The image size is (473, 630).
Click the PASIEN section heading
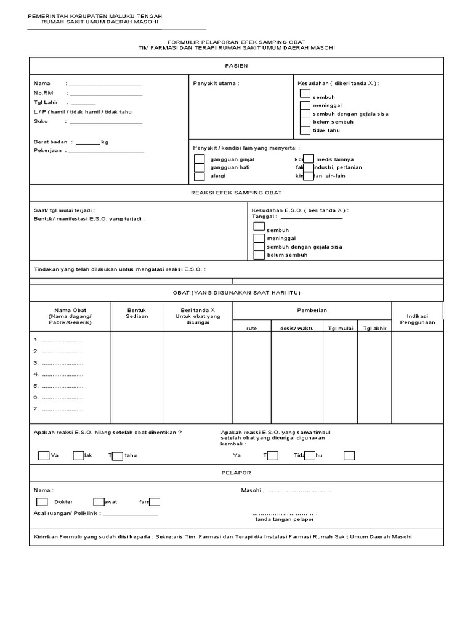[236, 65]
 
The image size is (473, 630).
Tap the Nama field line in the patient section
[106, 84]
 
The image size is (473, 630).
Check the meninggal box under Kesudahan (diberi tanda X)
[305, 105]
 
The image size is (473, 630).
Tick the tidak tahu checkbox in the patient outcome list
[305, 130]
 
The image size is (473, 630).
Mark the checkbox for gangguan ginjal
[199, 159]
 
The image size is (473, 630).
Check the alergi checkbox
[199, 176]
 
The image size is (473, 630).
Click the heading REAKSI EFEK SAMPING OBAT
[236, 193]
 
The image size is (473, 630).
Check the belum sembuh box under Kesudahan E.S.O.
[259, 255]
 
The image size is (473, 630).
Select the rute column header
[251, 328]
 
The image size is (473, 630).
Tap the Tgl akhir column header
[374, 328]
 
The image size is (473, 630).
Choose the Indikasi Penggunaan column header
[417, 319]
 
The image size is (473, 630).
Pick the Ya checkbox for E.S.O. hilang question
[43, 456]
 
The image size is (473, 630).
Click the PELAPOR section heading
[236, 472]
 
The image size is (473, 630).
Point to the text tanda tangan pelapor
[284, 519]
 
